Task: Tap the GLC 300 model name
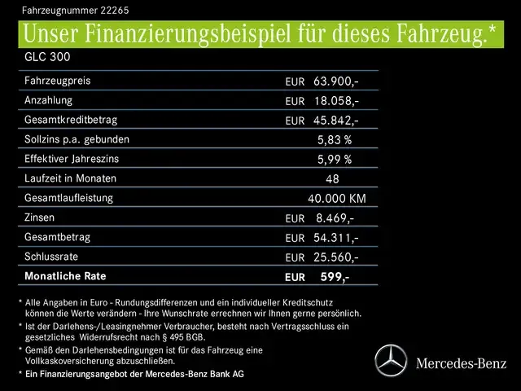48,59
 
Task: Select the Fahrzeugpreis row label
57,81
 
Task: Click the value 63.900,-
335,81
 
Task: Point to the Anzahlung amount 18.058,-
335,101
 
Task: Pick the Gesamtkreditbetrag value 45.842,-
335,121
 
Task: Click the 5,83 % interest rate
334,140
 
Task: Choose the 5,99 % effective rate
334,160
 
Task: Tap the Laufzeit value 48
331,179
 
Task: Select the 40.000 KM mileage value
337,199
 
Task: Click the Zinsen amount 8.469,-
334,218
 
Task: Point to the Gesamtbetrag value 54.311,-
335,238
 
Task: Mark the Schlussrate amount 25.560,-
335,257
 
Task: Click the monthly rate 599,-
334,277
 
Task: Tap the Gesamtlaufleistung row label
69,198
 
